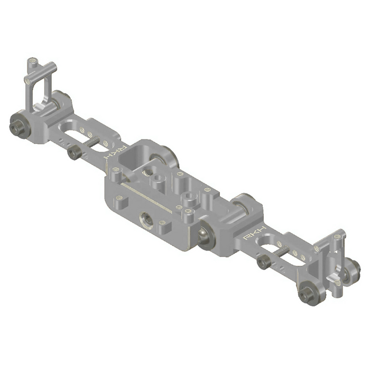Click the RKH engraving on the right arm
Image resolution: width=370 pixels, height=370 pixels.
(x=256, y=233)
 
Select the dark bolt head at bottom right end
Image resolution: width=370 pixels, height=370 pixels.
(x=307, y=296)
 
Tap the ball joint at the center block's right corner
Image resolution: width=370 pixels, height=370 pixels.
(x=204, y=235)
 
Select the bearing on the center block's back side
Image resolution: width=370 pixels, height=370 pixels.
(x=168, y=156)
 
